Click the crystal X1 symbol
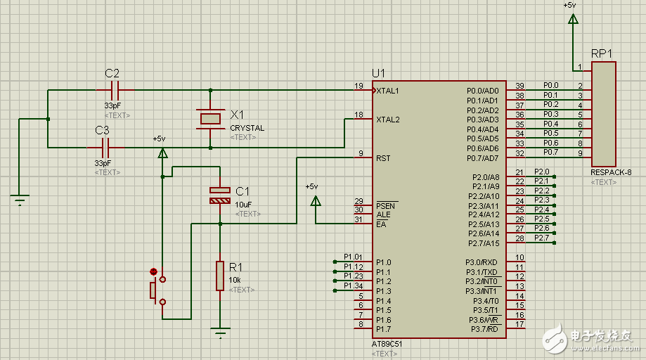[211, 119]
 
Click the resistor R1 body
[220, 275]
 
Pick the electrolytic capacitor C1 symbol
[220, 195]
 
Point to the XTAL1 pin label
[388, 91]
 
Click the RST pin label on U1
[383, 158]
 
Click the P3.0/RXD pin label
[482, 262]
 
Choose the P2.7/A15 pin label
[484, 243]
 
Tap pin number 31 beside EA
[358, 219]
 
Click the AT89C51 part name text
[387, 345]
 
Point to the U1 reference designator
[379, 74]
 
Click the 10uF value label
[244, 204]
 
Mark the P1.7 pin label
[383, 329]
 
